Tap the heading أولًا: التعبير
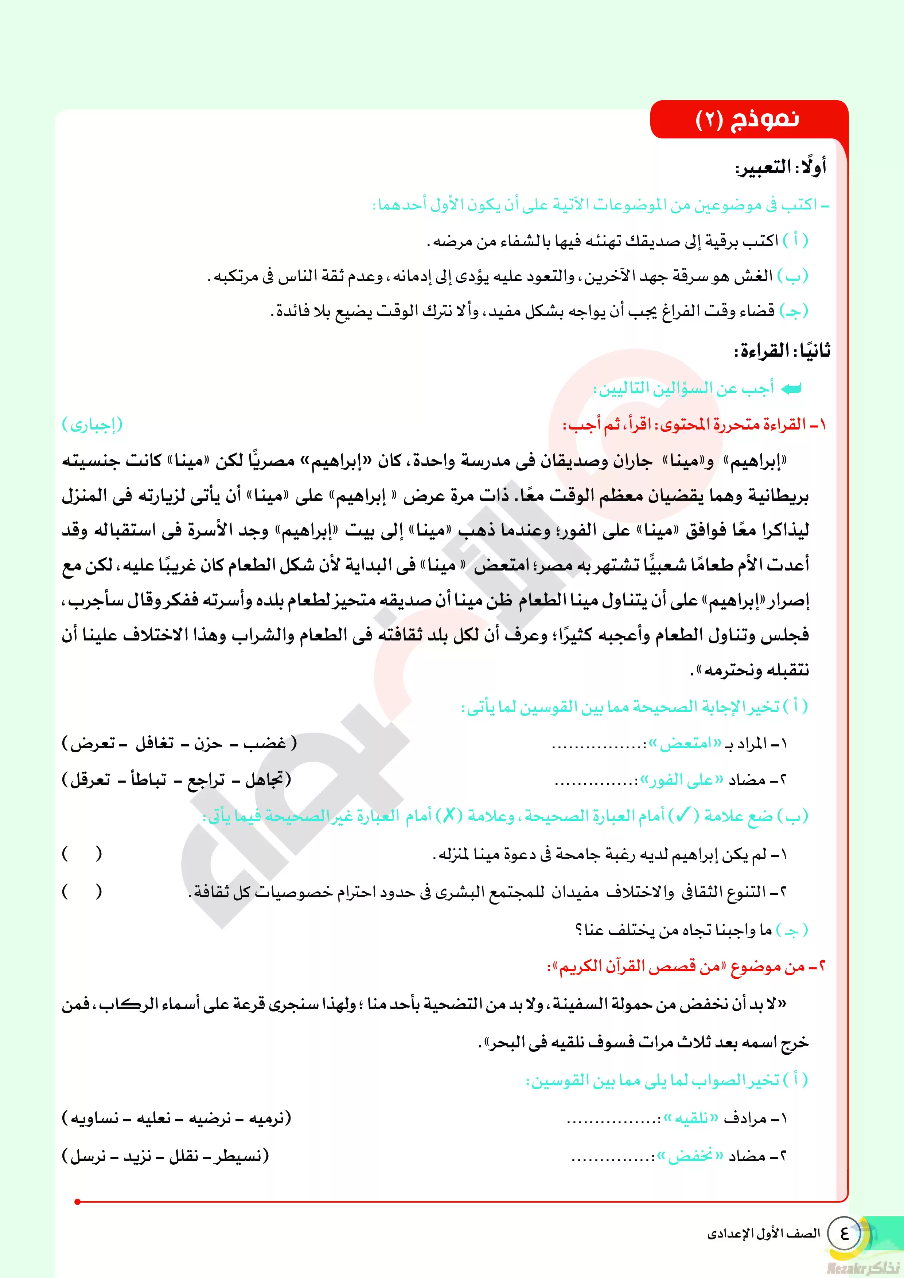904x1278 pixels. coord(781,167)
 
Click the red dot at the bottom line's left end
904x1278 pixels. coord(77,1201)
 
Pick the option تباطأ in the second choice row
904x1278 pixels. coord(148,780)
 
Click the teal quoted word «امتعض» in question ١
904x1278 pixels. coord(685,744)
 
